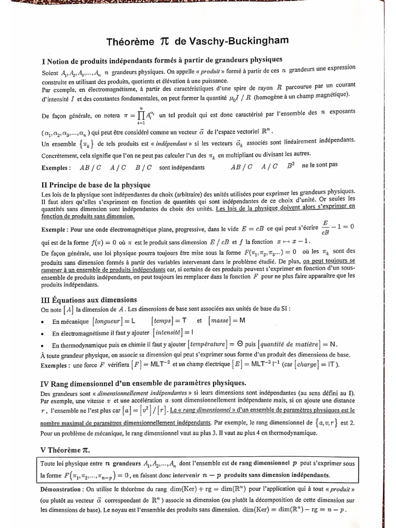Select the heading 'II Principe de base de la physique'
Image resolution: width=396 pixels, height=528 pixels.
pos(96,184)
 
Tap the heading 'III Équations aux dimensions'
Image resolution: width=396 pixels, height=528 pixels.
pos(89,299)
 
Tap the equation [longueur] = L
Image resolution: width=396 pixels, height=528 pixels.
pos(110,320)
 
